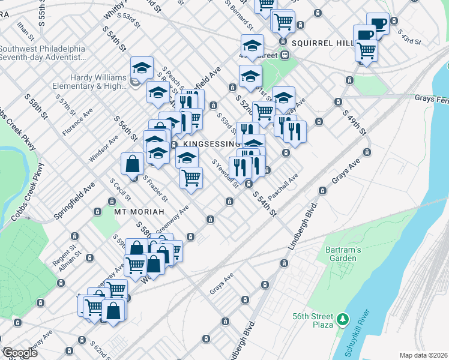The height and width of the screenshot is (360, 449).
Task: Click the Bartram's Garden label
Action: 333,254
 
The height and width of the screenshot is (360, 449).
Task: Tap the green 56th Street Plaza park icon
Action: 343,318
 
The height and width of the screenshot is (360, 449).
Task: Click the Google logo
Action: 20,353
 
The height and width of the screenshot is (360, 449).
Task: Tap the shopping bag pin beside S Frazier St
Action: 132,164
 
